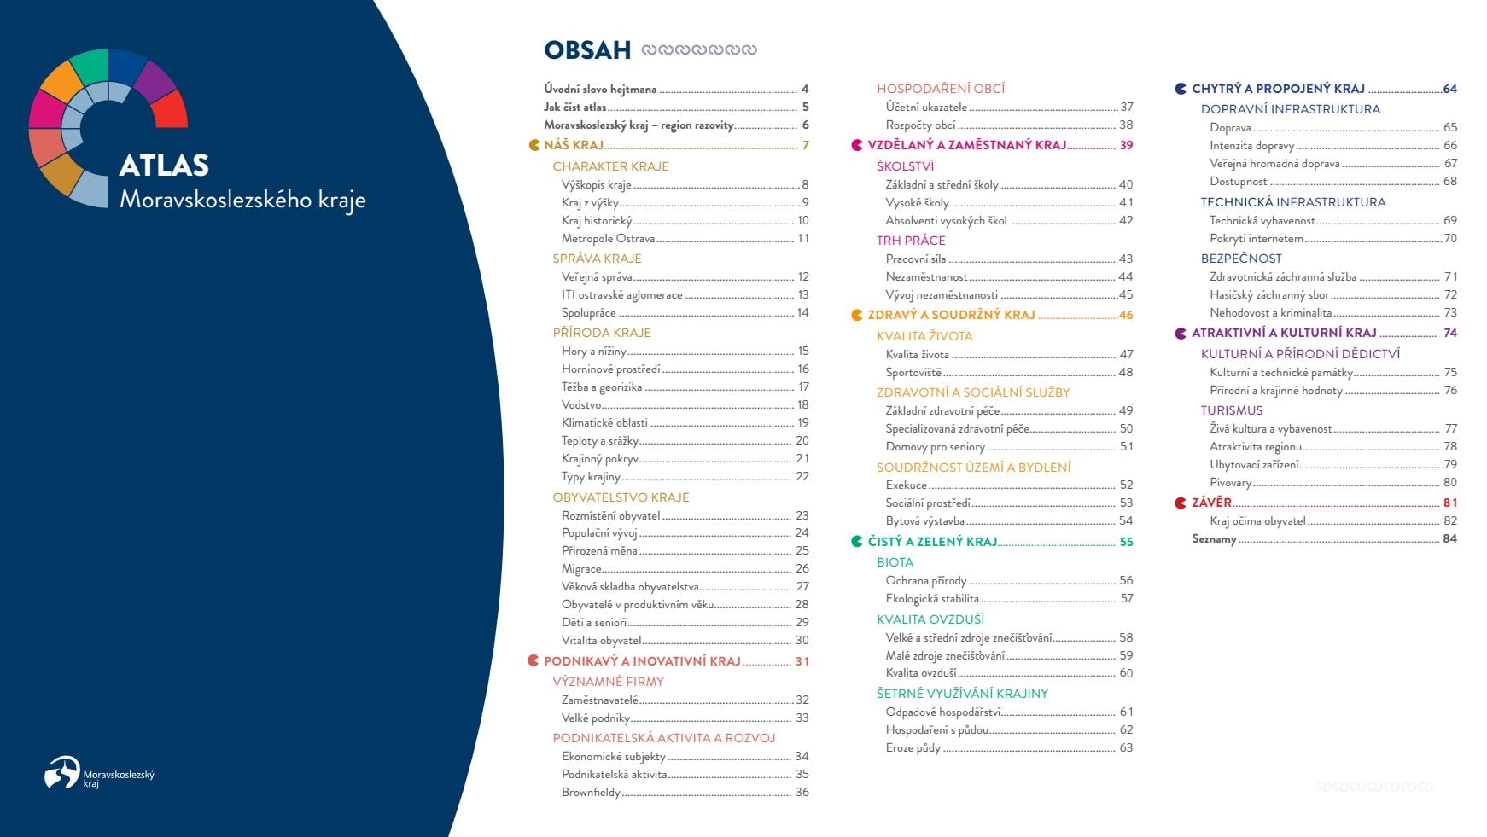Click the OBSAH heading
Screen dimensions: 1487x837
pos(587,49)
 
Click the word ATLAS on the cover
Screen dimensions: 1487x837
pos(164,165)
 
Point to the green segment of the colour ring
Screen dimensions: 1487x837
pos(88,66)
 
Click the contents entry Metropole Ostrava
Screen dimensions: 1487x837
pos(608,239)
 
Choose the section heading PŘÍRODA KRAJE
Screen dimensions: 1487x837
pos(602,333)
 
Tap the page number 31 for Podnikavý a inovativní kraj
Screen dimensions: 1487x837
pos(802,661)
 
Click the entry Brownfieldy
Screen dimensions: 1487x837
pos(591,793)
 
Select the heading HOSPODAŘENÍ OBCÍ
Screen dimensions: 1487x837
pos(941,89)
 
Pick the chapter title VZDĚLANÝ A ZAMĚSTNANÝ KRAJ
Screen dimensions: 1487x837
pos(967,145)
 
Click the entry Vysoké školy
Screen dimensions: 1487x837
pos(917,203)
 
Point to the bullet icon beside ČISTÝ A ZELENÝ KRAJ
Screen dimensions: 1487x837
pos(857,542)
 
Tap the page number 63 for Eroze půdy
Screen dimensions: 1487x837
pos(1126,748)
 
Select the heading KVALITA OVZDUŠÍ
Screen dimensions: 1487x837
pos(930,619)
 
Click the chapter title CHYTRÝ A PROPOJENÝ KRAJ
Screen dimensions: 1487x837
pos(1278,89)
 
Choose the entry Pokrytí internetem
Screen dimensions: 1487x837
pos(1256,239)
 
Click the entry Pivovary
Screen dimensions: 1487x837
pos(1230,483)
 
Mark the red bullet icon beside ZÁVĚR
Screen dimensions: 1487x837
pos(1181,503)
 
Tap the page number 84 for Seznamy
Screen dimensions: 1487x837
pos(1449,539)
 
